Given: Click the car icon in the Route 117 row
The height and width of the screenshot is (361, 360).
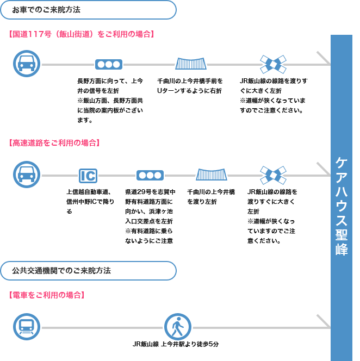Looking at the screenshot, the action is pyautogui.click(x=27, y=64).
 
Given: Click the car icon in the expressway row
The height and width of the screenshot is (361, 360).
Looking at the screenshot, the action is pyautogui.click(x=27, y=175).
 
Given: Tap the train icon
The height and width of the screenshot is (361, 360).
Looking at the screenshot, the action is pyautogui.click(x=27, y=327).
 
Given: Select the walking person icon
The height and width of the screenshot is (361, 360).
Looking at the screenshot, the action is pyautogui.click(x=178, y=327).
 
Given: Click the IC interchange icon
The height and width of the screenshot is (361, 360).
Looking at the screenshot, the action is pyautogui.click(x=88, y=176).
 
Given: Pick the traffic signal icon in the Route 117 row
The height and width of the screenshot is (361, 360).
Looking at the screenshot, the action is pyautogui.click(x=109, y=65).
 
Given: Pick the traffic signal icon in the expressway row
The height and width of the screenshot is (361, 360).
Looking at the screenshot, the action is pyautogui.click(x=150, y=176).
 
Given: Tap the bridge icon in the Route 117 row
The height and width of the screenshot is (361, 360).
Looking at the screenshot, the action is pyautogui.click(x=191, y=64).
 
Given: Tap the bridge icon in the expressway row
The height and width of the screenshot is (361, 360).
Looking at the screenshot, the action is pyautogui.click(x=212, y=175).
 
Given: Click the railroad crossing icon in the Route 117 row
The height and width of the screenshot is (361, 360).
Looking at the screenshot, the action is pyautogui.click(x=273, y=64).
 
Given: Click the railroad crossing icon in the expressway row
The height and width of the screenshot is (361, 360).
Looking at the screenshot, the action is pyautogui.click(x=273, y=175).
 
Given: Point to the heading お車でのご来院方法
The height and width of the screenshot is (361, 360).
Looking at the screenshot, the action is pyautogui.click(x=46, y=10).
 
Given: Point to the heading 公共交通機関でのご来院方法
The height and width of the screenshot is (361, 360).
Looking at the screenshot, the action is pyautogui.click(x=61, y=271).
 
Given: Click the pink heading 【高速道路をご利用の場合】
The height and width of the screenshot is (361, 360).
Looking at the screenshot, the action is pyautogui.click(x=54, y=143).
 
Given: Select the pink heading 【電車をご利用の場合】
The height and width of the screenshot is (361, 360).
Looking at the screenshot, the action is pyautogui.click(x=47, y=295).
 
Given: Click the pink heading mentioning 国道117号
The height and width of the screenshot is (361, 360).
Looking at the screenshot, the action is pyautogui.click(x=82, y=34).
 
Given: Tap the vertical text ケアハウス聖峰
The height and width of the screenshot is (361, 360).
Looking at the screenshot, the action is pyautogui.click(x=342, y=206).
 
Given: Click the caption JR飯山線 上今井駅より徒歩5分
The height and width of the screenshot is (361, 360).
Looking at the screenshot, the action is pyautogui.click(x=176, y=344).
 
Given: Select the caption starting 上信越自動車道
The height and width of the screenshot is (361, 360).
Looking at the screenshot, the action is pyautogui.click(x=90, y=202).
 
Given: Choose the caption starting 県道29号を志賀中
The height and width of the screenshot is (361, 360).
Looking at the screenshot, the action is pyautogui.click(x=150, y=216).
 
